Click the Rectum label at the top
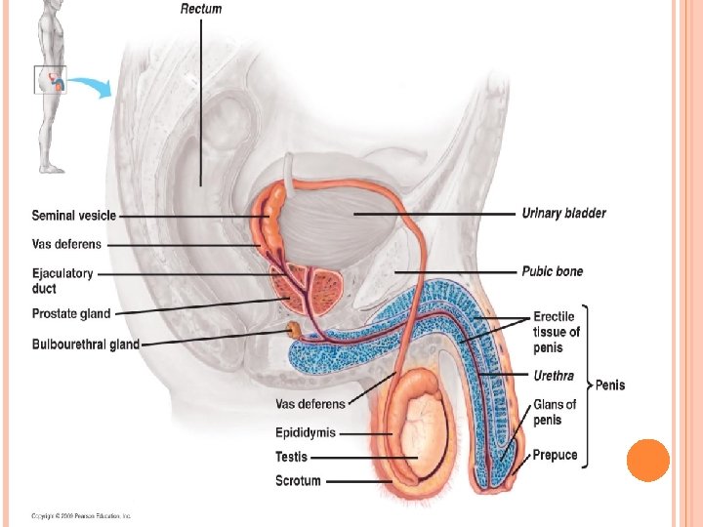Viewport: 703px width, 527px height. point(201,9)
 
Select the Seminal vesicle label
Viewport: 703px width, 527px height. point(74,216)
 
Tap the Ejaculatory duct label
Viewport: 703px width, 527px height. point(62,281)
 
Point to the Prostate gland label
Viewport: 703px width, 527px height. point(71,314)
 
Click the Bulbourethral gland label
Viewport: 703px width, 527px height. point(86,345)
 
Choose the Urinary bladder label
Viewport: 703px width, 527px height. point(563,214)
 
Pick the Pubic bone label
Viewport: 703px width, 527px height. point(552,272)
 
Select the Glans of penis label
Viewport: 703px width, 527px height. point(555,412)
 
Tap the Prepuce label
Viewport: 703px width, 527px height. point(555,455)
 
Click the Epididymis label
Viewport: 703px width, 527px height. point(305,432)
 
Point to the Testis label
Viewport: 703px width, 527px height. point(291,457)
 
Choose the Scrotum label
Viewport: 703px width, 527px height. point(298,480)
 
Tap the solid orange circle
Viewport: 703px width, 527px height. point(647,460)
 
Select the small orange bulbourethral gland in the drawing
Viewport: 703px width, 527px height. point(292,331)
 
